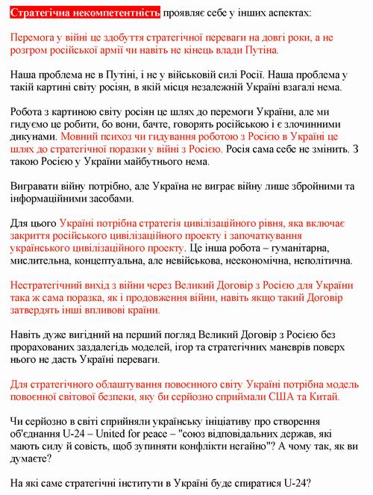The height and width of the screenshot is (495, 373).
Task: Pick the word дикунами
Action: click(34, 137)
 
